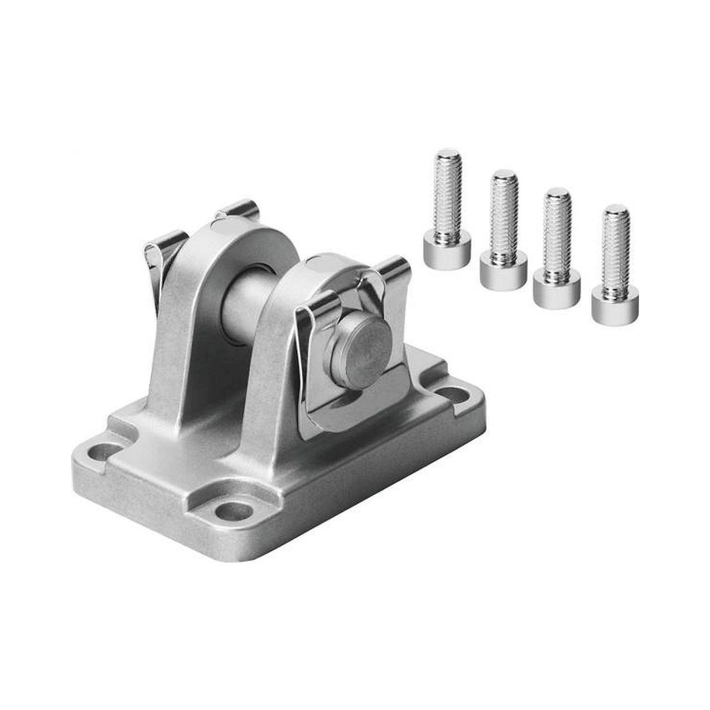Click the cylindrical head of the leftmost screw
point(447,254)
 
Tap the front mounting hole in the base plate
point(234,511)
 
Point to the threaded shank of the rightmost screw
point(616,250)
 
